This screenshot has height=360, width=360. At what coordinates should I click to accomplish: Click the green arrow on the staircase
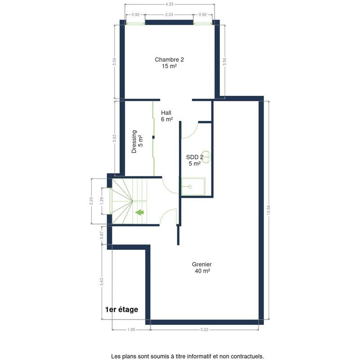point(139,212)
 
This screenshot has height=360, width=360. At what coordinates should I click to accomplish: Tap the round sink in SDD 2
point(206,157)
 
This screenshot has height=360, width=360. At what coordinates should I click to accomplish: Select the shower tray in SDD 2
point(193,186)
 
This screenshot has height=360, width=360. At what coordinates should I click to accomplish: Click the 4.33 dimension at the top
point(169,4)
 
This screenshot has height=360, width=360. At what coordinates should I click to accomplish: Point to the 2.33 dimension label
point(169,14)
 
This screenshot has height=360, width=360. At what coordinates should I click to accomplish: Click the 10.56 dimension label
point(269,210)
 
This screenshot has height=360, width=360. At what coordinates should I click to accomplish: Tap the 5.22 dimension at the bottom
point(204,330)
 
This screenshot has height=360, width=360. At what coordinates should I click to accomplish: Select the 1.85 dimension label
point(131,330)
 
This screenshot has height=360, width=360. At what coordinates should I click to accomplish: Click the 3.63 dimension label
point(102,282)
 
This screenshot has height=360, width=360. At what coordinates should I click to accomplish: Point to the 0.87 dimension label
point(102,235)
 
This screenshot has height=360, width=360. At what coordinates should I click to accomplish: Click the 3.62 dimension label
point(114,138)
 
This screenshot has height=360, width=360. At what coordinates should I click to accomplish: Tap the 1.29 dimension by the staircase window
point(102,201)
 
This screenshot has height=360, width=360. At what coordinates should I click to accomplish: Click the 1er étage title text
point(121,310)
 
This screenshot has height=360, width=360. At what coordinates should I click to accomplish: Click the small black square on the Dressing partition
point(153,137)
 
